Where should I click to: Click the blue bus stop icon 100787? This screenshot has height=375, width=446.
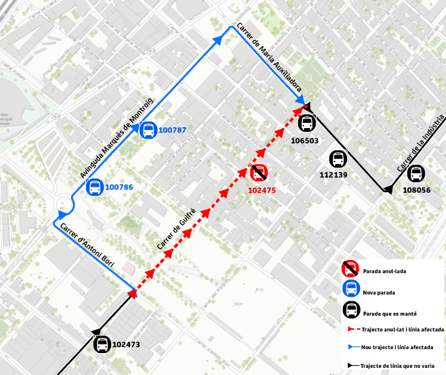(x=147, y=130)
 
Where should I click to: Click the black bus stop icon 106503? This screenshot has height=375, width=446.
(x=307, y=122)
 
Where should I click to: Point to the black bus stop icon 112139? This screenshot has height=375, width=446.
(x=337, y=158)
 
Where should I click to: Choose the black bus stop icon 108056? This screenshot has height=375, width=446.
(x=416, y=173)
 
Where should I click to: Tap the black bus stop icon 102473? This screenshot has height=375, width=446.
(x=102, y=344)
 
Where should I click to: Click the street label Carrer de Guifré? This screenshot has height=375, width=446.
(x=176, y=226)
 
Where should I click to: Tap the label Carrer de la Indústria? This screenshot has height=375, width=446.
(x=421, y=144)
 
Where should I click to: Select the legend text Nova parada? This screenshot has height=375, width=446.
(x=379, y=292)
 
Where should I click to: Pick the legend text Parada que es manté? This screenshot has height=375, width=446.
(x=389, y=314)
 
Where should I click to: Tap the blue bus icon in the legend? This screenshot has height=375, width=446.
(x=350, y=288)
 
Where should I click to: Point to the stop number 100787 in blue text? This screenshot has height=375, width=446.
(x=172, y=131)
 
